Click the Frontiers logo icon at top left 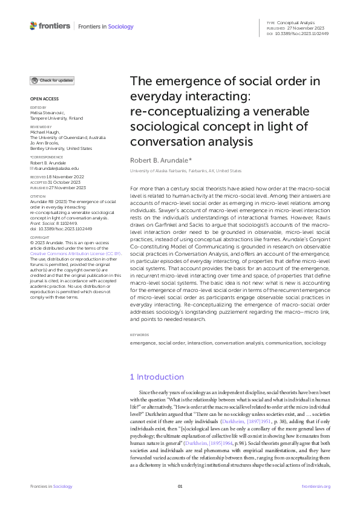33,26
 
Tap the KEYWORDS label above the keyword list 140,334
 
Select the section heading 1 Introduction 157,377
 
